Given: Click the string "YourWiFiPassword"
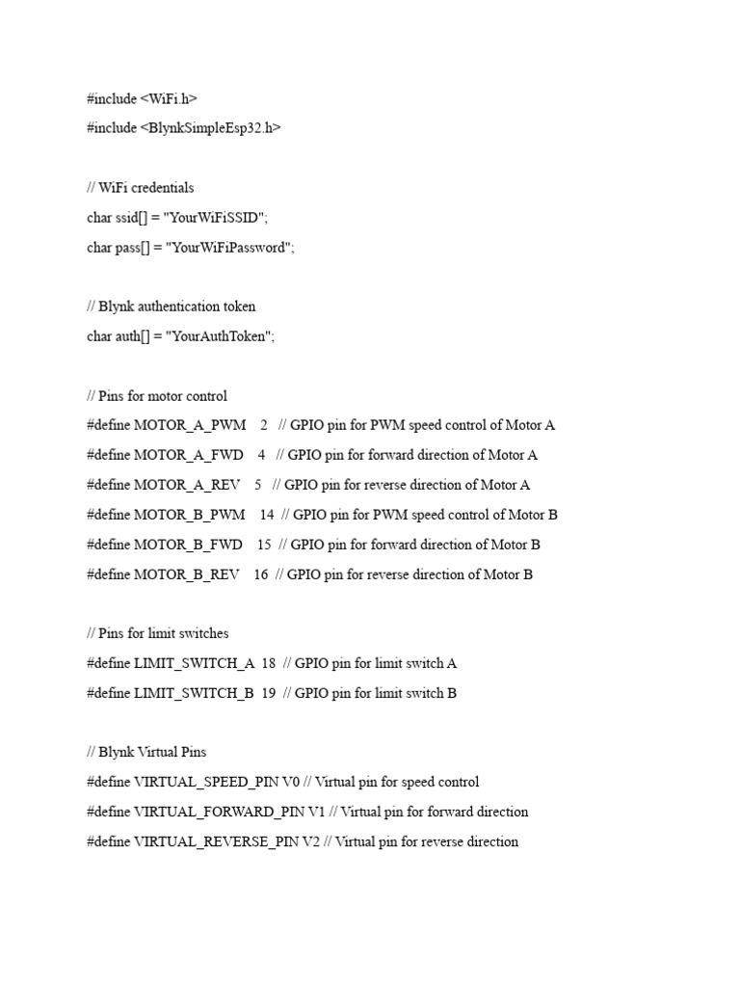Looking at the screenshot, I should click(228, 248).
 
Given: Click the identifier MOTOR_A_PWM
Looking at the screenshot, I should click(190, 425).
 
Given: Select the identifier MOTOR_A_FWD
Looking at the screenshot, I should click(189, 455).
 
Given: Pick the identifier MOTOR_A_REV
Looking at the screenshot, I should click(187, 485).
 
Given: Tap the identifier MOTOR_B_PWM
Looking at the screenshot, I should click(190, 515).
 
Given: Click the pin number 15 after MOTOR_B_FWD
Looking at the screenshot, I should click(264, 545).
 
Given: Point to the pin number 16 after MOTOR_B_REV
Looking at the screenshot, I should click(261, 574).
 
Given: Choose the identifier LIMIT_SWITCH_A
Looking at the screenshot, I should click(194, 663).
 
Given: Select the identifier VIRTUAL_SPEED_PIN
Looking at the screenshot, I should click(206, 782).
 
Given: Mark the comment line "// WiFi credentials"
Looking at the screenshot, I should click(140, 188).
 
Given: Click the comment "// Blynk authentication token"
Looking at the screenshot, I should click(171, 307).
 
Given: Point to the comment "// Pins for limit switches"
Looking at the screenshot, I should click(157, 633).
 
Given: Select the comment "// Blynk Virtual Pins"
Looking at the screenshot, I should click(145, 752).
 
